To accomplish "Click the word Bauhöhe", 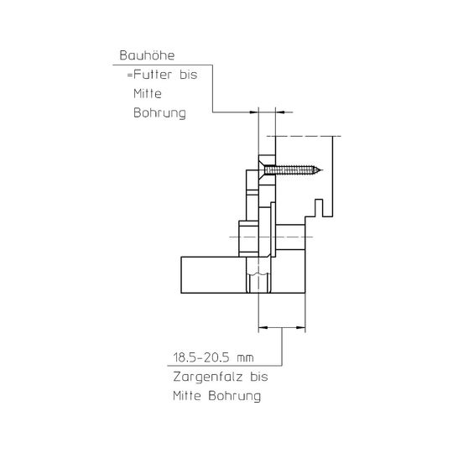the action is point(147,55).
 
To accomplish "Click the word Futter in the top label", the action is point(153,75).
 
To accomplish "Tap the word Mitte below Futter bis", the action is point(148,94).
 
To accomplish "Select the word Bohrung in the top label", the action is point(159,113).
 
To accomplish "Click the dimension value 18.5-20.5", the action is point(201,357).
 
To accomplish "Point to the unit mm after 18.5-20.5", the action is point(245,359).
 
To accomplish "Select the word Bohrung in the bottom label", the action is point(235,396).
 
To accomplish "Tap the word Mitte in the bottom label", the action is point(187,396).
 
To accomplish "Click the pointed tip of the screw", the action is point(322,170).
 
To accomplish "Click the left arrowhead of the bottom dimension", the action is point(263,328).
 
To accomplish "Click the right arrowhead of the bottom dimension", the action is point(301,328).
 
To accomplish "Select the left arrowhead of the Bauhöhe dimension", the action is point(254,112).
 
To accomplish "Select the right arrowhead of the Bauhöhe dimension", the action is point(280,112).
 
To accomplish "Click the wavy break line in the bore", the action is point(258,273).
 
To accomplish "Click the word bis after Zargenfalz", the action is point(259,377).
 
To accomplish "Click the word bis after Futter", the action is point(189,75).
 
